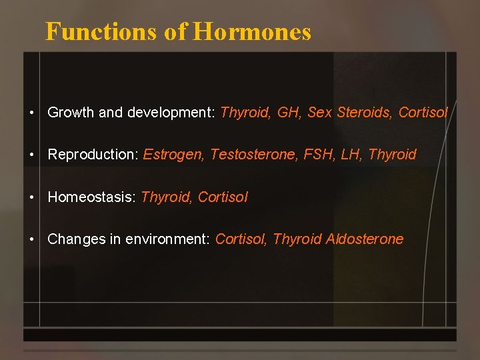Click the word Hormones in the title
[x=252, y=32]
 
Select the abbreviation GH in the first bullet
[x=288, y=113]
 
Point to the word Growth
[x=71, y=113]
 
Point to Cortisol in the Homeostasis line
[x=223, y=197]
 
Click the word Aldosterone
[x=365, y=239]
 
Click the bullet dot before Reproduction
[x=32, y=155]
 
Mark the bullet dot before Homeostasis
[x=32, y=198]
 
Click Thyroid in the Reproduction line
[x=392, y=155]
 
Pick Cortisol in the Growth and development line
[x=423, y=113]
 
